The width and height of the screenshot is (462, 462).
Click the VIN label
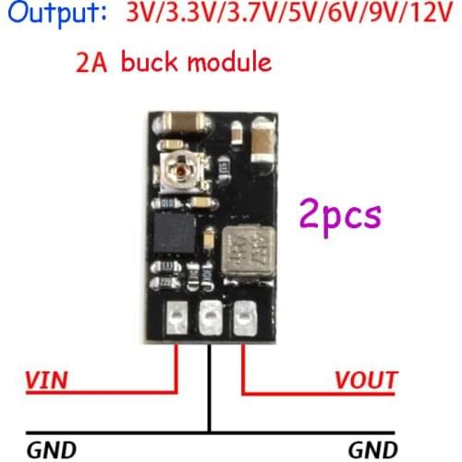click(x=45, y=380)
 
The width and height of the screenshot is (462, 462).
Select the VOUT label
click(x=366, y=380)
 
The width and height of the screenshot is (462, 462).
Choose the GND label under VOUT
click(x=373, y=451)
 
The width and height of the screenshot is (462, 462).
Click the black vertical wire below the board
click(x=211, y=388)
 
